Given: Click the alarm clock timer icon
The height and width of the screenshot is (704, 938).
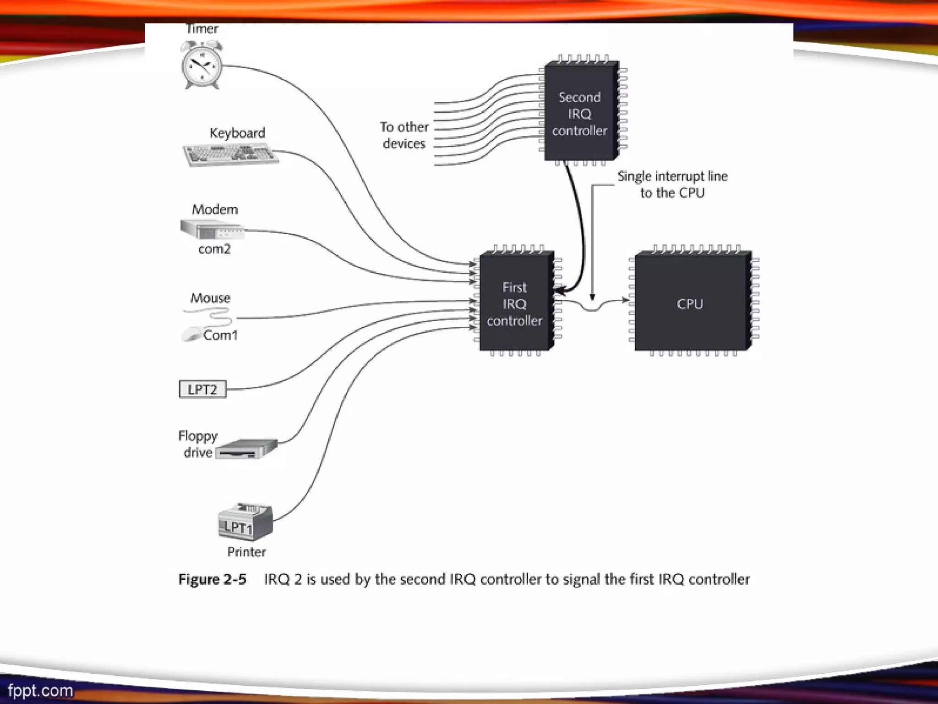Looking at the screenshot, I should (x=202, y=65).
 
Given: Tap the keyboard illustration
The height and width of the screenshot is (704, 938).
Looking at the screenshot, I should (x=230, y=154).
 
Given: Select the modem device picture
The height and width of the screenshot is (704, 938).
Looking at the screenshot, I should (x=212, y=230).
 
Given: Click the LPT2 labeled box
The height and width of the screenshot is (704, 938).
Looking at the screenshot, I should (x=202, y=389).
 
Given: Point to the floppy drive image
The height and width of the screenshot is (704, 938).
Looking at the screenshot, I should (x=246, y=449).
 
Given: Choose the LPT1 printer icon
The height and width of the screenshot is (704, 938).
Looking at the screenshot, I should (x=245, y=522).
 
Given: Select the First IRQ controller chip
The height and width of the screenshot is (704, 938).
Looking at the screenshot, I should (x=516, y=302).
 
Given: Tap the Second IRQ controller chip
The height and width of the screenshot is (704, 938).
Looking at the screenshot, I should (x=580, y=113).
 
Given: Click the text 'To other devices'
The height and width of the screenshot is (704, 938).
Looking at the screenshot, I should (x=404, y=135).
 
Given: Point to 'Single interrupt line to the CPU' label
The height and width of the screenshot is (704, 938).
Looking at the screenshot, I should (x=672, y=184).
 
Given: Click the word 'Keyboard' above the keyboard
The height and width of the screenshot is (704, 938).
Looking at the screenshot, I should (x=237, y=133).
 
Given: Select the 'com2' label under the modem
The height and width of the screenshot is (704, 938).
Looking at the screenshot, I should (x=214, y=249).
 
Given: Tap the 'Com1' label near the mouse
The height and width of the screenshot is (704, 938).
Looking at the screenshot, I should (x=220, y=335).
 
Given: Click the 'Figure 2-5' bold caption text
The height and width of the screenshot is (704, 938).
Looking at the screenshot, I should (x=212, y=579).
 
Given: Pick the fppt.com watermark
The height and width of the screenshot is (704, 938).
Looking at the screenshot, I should (x=40, y=690).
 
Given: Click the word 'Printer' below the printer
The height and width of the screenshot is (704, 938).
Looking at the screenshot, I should (x=246, y=552).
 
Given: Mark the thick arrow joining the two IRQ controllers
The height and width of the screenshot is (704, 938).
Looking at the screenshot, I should (x=580, y=229).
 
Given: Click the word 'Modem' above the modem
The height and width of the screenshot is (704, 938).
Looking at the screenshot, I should (x=215, y=209).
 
